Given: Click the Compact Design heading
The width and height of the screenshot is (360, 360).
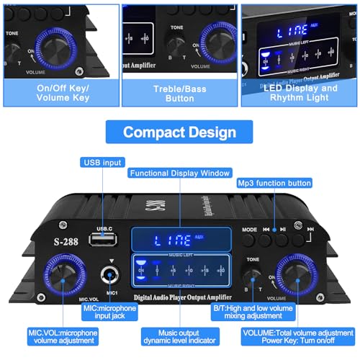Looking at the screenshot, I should pos(179,132).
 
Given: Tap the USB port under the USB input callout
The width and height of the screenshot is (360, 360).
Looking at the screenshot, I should pos(104,238).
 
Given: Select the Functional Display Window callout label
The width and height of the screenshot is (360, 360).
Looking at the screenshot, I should pos(179,173).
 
